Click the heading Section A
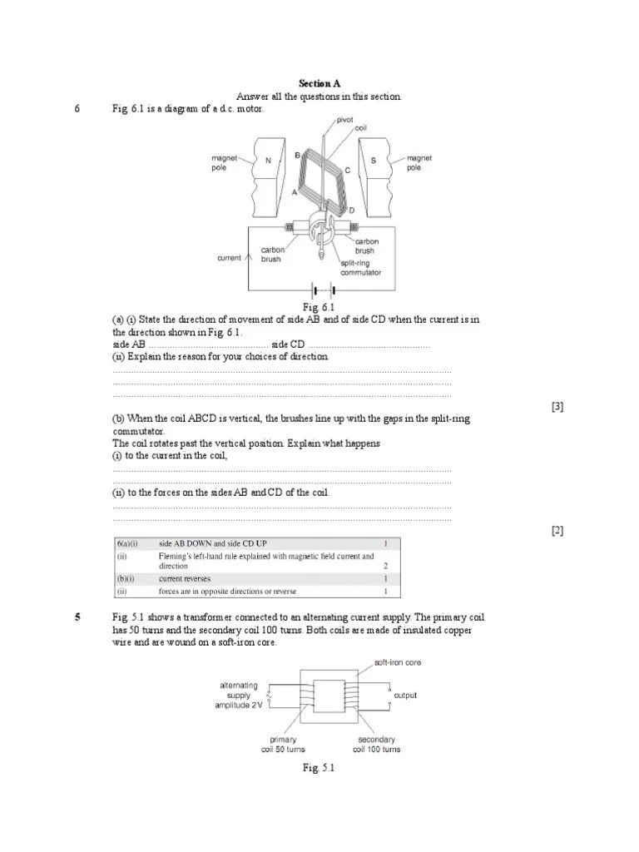[x=319, y=83]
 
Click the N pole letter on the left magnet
[x=268, y=161]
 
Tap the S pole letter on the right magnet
[x=374, y=161]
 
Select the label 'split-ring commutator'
[x=361, y=267]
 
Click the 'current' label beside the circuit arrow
[x=229, y=258]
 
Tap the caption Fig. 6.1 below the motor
[x=319, y=308]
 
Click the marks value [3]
[x=557, y=406]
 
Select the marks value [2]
[x=557, y=530]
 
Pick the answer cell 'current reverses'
[x=185, y=578]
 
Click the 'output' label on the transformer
[x=405, y=696]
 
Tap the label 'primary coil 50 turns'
[x=284, y=744]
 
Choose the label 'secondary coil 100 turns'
[x=376, y=744]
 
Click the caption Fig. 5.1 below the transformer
[x=319, y=768]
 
